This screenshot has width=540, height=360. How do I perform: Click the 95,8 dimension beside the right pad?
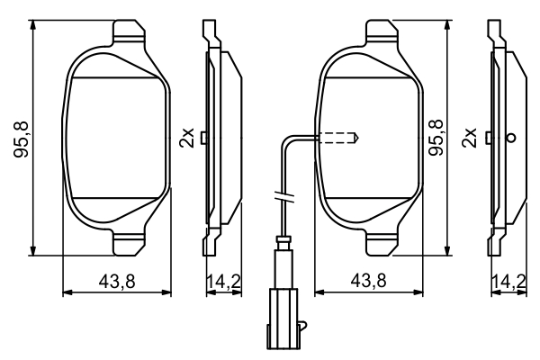click(x=437, y=139)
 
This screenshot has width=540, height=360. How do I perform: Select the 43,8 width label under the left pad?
click(x=117, y=282)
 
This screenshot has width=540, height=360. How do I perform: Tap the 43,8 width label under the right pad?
click(x=368, y=282)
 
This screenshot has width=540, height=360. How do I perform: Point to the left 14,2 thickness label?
click(x=223, y=282)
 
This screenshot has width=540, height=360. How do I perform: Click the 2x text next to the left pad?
click(x=186, y=138)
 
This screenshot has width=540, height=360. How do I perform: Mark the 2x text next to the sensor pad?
click(x=468, y=138)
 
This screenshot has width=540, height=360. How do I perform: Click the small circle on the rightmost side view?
click(x=511, y=138)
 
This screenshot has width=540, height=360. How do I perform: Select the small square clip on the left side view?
click(x=206, y=138)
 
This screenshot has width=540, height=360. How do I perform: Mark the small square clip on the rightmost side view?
click(x=489, y=138)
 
